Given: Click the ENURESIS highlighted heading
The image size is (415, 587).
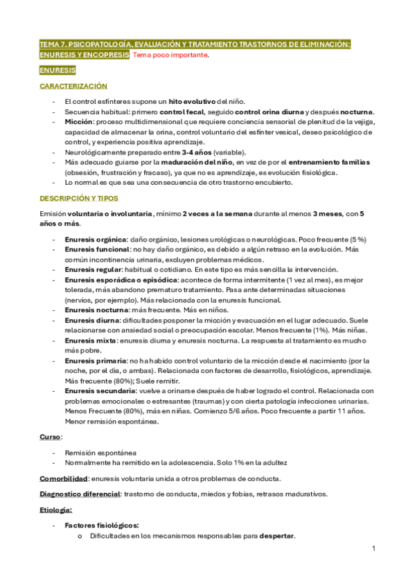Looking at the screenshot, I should coord(58,71).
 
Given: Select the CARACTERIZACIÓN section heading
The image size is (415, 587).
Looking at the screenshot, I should coord(73,87).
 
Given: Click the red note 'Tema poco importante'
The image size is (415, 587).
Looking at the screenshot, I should coord(170,55).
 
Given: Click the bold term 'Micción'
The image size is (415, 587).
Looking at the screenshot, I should coord(80,122).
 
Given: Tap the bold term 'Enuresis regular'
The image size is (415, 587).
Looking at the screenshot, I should coord(93,269).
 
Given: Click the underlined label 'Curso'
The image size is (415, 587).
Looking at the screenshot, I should coord(50,437).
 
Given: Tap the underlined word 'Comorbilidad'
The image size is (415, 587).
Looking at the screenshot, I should coord(63,478).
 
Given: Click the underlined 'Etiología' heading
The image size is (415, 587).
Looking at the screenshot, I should coord(56,509).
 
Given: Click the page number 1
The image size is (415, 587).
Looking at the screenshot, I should coord(373,549).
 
